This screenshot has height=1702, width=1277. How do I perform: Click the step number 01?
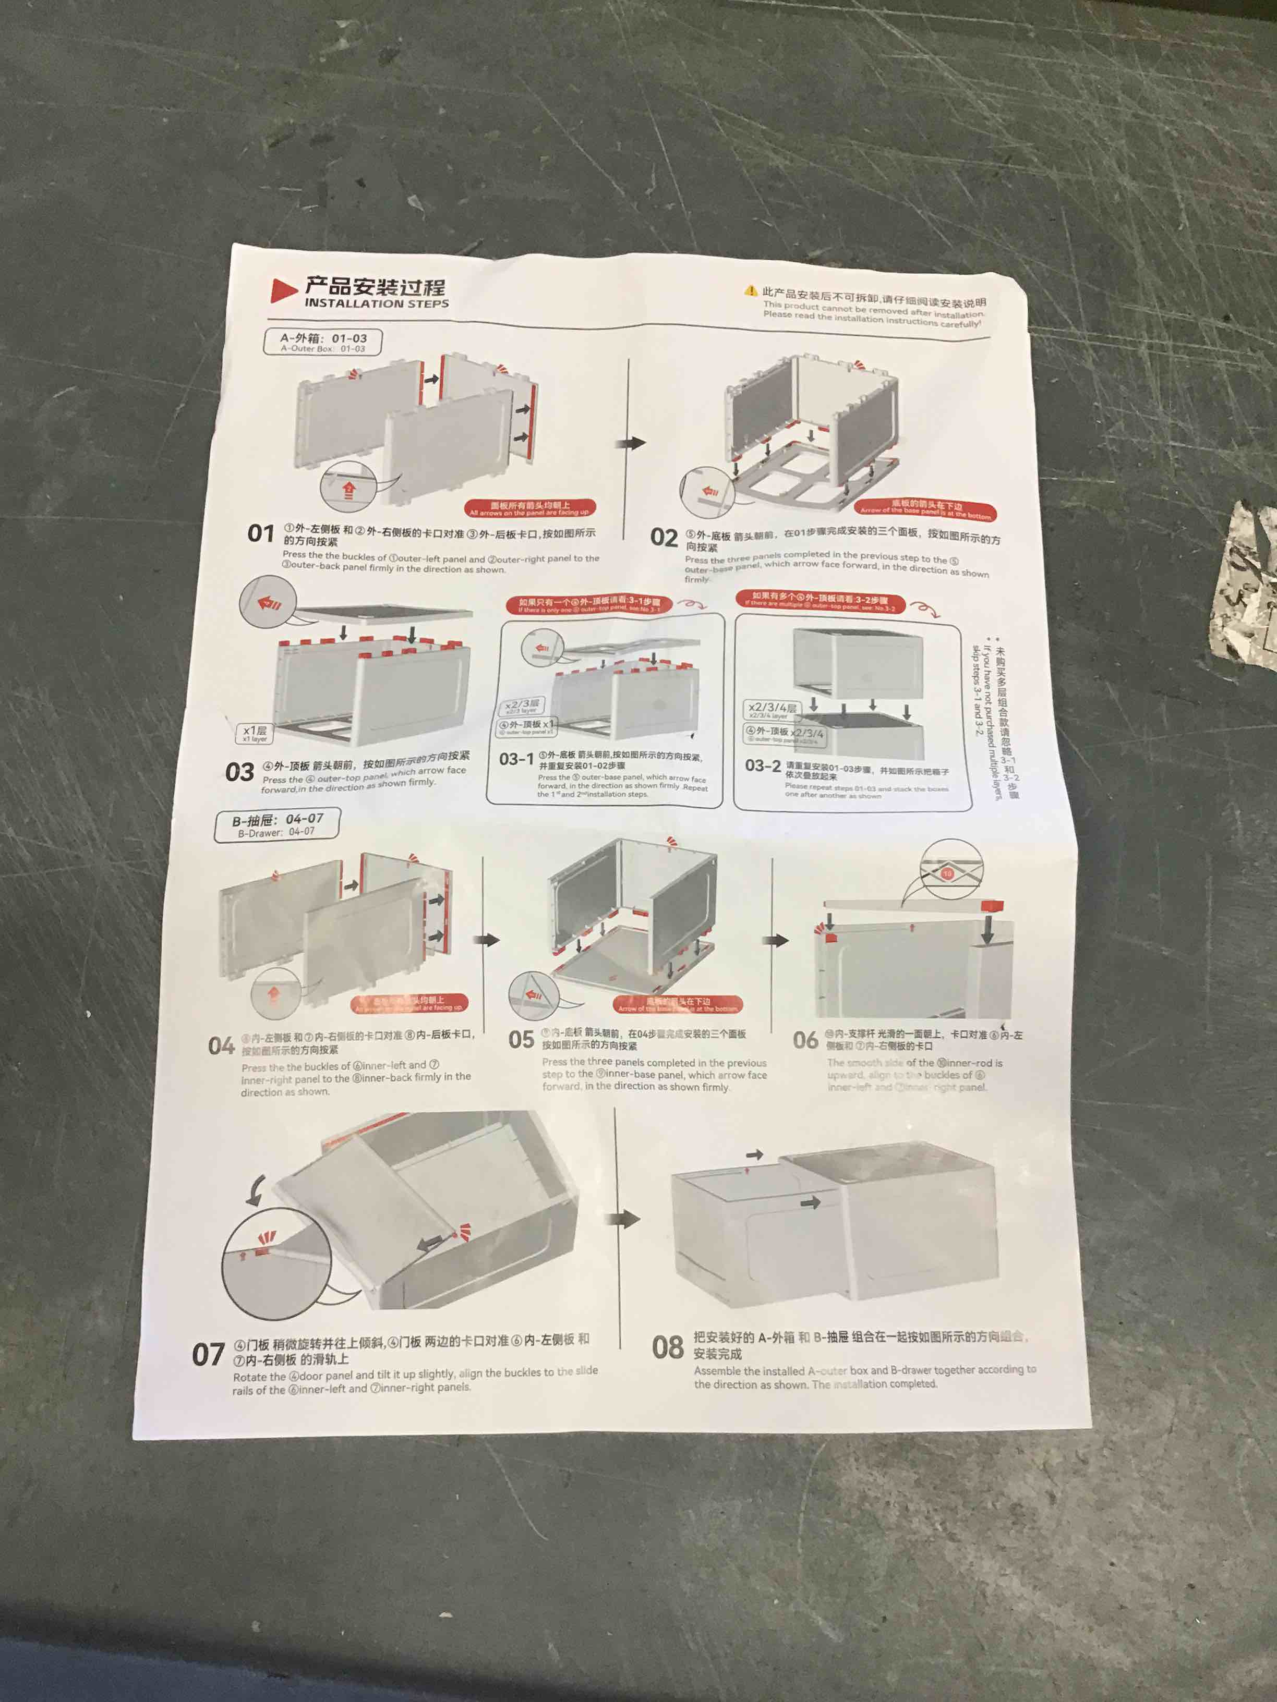(261, 533)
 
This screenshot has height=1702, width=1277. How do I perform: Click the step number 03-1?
(516, 759)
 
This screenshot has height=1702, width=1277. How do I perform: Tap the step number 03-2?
(762, 765)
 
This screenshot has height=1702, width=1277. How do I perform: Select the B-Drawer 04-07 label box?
(277, 825)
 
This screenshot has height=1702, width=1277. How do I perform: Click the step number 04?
(221, 1045)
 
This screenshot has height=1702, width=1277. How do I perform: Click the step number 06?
(805, 1040)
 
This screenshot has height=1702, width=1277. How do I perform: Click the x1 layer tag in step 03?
(255, 733)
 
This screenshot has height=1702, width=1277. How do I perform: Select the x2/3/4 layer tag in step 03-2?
(773, 709)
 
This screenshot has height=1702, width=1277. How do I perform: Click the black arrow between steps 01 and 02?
(633, 443)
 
